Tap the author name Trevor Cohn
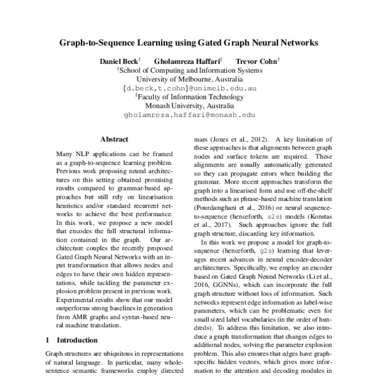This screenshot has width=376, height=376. [x=256, y=62]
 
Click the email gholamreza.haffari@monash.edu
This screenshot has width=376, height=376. [x=190, y=115]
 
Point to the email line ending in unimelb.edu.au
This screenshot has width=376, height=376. [x=190, y=88]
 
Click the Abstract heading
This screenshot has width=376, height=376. [x=114, y=139]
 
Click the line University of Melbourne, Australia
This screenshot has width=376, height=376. [x=190, y=80]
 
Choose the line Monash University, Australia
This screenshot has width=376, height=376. [x=190, y=106]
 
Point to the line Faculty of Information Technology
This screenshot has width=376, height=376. [x=190, y=97]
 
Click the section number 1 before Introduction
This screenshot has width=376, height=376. [x=48, y=340]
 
